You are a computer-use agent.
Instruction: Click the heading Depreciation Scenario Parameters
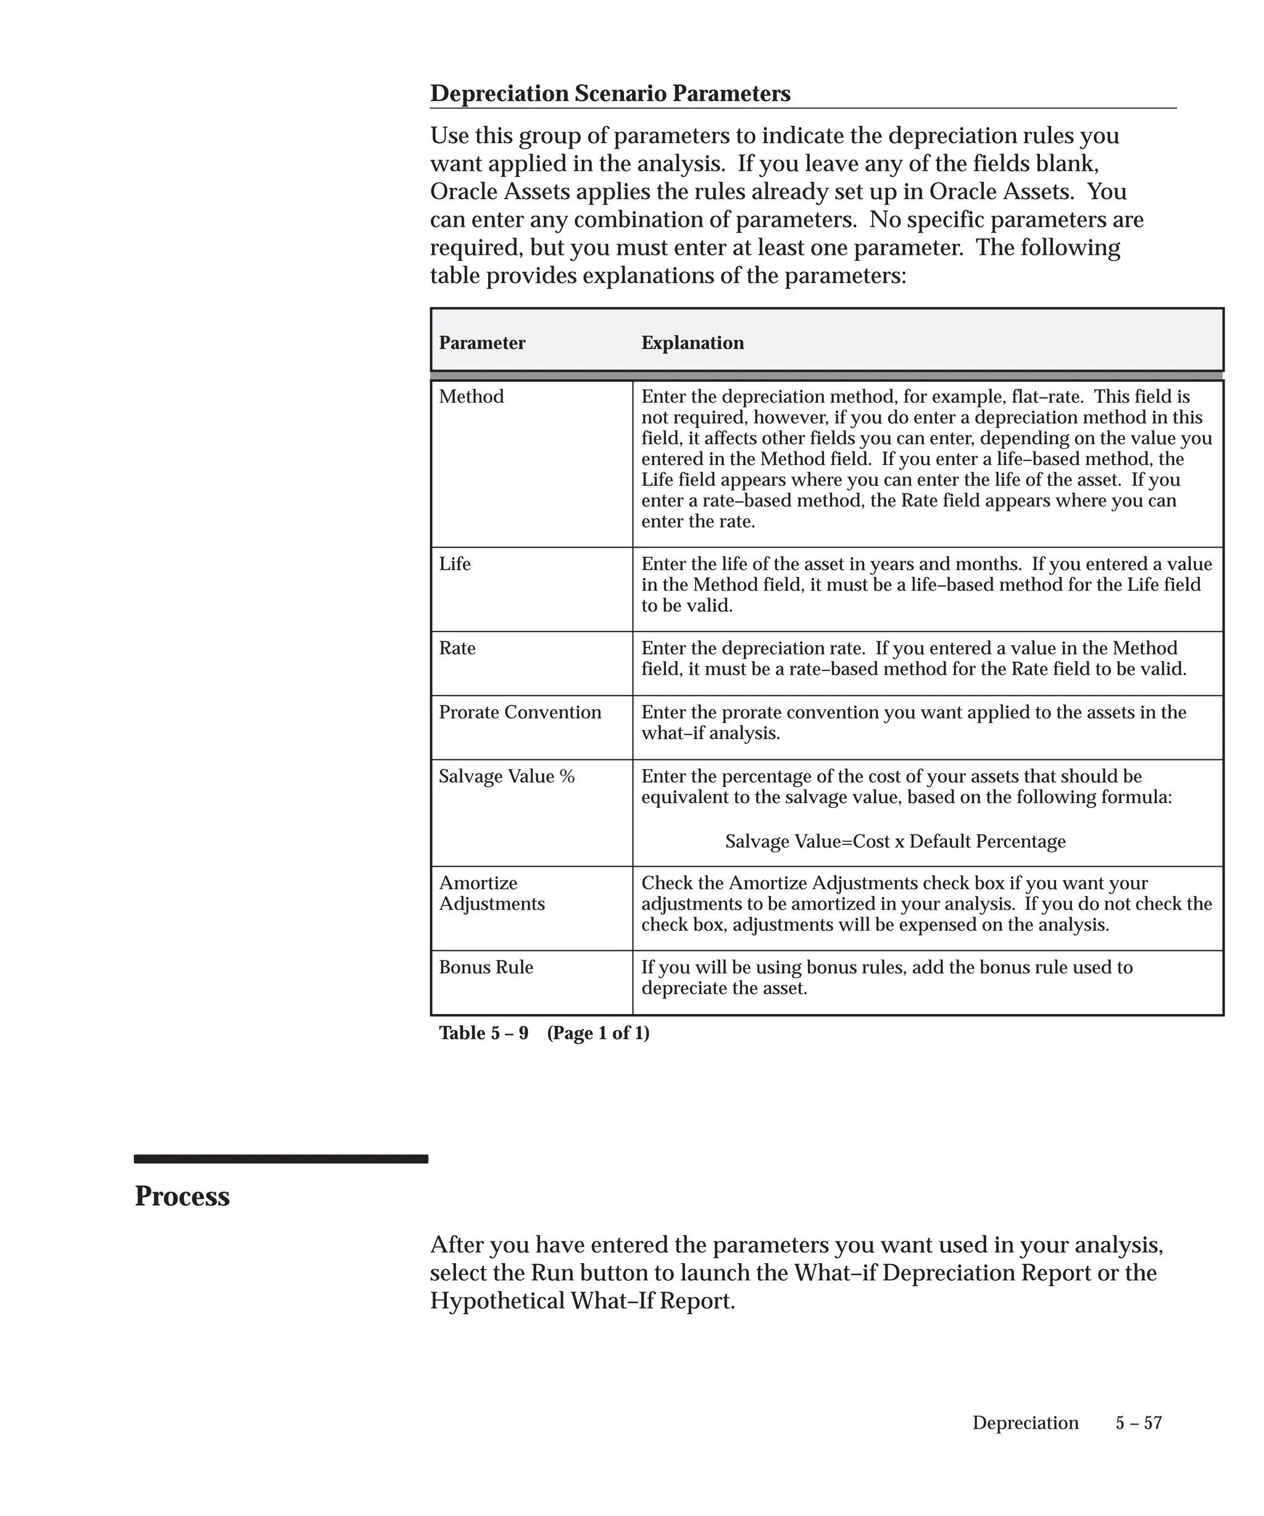tap(610, 94)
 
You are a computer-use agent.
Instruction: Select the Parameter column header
tap(482, 343)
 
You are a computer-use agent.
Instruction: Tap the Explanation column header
tap(692, 343)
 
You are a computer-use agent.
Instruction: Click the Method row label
tap(471, 397)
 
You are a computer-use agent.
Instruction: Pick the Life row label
tap(454, 564)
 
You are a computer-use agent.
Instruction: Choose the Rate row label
tap(457, 648)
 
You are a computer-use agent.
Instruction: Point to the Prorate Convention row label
tap(519, 712)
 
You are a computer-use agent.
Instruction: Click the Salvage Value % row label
tap(506, 777)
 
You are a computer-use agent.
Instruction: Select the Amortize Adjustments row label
tap(491, 894)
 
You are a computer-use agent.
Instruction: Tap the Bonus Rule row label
tap(485, 967)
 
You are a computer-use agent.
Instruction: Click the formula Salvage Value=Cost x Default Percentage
tap(895, 842)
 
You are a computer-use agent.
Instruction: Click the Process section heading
tap(182, 1196)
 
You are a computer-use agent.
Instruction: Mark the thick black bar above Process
tap(280, 1160)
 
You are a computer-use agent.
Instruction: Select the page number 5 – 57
tap(1138, 1422)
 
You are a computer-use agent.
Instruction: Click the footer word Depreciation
tap(1025, 1422)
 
